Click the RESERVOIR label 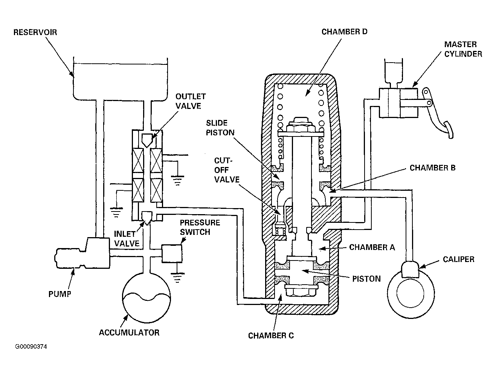coord(35,32)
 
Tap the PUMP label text coord(60,294)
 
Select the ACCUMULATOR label coord(129,333)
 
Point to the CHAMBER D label coord(344,32)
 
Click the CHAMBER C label coord(271,336)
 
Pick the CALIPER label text coord(458,259)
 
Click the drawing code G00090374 coord(31,347)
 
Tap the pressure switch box coord(172,253)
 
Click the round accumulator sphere coord(147,298)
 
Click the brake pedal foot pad coord(449,130)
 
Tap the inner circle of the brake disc coord(410,294)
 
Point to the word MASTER coord(460,44)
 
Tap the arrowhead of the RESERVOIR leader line coord(72,74)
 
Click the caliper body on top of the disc coord(411,269)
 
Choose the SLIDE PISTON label coord(220,127)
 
